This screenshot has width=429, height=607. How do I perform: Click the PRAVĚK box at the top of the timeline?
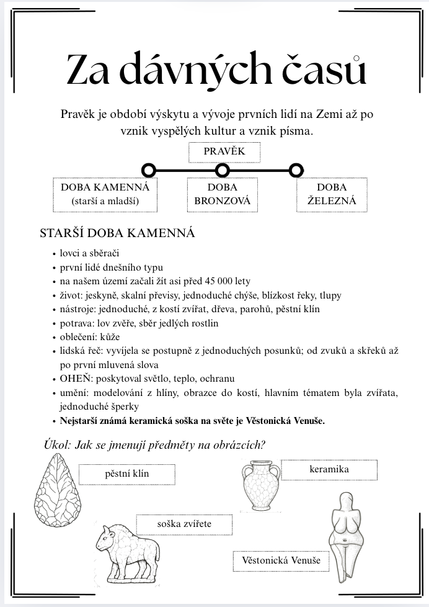[x=224, y=151]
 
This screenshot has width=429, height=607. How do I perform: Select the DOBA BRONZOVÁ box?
[x=222, y=194]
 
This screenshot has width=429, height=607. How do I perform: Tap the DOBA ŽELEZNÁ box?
[x=332, y=194]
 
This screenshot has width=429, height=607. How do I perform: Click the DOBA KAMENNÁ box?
[x=105, y=194]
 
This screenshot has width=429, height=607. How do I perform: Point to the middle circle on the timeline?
[x=223, y=169]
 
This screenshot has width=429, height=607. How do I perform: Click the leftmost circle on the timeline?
[x=148, y=169]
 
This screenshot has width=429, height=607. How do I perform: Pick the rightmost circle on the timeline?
[x=296, y=169]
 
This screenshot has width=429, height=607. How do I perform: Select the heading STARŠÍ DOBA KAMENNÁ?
[x=117, y=233]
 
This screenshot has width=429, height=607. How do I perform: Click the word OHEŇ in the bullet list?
[x=76, y=378]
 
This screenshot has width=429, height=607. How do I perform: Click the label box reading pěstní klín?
[x=126, y=474]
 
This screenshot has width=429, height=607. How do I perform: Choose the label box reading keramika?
[x=329, y=469]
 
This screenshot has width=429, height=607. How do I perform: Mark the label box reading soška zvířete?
[x=184, y=524]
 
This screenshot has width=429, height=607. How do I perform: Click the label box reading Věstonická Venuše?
[x=281, y=561]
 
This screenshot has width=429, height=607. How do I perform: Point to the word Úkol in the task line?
[x=58, y=444]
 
